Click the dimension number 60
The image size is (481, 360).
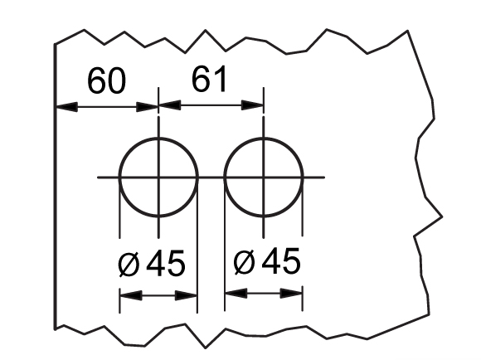[106, 80]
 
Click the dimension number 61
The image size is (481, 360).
[209, 79]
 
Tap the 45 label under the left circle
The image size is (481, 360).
[166, 262]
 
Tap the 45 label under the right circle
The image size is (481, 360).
[281, 260]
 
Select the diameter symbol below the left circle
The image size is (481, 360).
[129, 264]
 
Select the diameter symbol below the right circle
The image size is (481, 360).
[244, 262]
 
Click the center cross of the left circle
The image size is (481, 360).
[158, 178]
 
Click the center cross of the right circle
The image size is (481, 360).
[264, 178]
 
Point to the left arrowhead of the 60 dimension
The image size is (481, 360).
[66, 107]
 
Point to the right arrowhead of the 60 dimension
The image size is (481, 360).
[147, 107]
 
